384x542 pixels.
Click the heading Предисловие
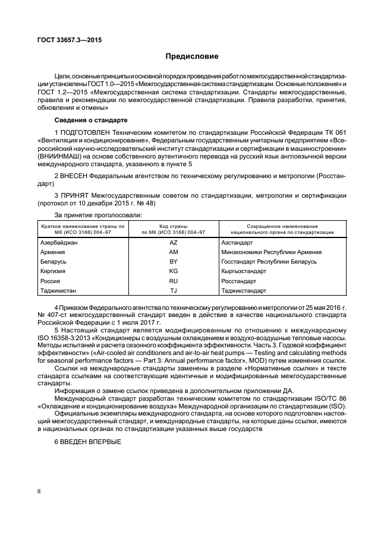pyautogui.click(x=191, y=56)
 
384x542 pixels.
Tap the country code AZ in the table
pyautogui.click(x=174, y=242)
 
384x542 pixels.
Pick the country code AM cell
pyautogui.click(x=174, y=252)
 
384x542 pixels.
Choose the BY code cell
pyautogui.click(x=174, y=261)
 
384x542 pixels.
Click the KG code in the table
pyautogui.click(x=174, y=271)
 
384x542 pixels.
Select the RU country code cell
pyautogui.click(x=174, y=281)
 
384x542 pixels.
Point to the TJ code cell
pyautogui.click(x=174, y=290)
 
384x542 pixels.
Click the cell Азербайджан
pyautogui.click(x=59, y=242)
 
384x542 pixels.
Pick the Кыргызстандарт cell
pyautogui.click(x=243, y=271)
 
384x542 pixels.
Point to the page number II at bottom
pyautogui.click(x=39, y=508)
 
